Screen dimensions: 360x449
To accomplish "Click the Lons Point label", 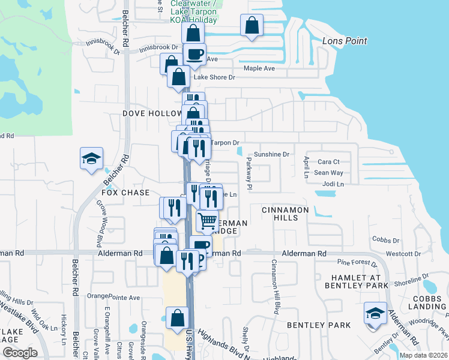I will (x=344, y=41).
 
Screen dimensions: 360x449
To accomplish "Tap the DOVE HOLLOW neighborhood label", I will (x=152, y=113).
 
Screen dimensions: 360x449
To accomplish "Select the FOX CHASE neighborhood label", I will (x=125, y=193).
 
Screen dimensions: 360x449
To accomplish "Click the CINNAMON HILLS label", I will (x=285, y=214).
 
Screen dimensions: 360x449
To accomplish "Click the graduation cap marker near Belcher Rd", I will (x=92, y=159).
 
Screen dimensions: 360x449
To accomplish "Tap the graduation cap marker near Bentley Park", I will (x=375, y=313).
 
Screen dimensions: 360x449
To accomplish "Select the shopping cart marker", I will (x=208, y=220).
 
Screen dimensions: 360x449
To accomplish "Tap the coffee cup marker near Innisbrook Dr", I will (x=194, y=54).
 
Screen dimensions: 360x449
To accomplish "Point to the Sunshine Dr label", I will (x=271, y=154).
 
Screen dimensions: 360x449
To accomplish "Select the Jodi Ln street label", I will (x=333, y=184).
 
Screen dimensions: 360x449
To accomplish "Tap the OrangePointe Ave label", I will (x=113, y=296).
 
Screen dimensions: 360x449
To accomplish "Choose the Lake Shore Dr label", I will (x=214, y=77).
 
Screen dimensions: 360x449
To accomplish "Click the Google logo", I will (x=20, y=353).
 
